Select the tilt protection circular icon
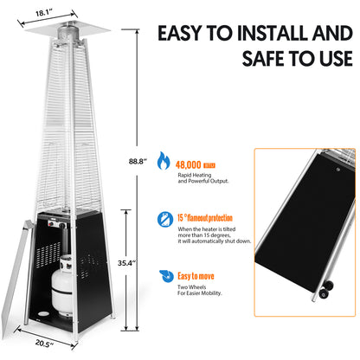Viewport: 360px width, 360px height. coord(164,219)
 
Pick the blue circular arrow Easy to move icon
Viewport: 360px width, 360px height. coord(164,277)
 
